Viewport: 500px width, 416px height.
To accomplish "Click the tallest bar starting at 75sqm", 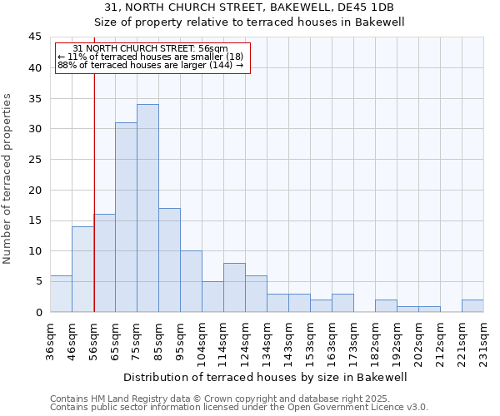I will coord(147,208).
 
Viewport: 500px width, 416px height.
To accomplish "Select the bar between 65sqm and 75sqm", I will coord(126,217).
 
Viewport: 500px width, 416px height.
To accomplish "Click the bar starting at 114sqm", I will coord(234,288).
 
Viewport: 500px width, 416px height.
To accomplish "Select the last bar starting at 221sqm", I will coord(472,305).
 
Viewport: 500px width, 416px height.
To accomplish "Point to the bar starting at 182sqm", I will coord(386,305).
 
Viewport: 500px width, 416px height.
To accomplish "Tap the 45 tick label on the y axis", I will coord(34,37).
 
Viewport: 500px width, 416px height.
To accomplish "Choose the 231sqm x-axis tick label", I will coord(484,340).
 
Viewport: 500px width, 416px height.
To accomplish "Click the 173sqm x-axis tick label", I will coord(354,340).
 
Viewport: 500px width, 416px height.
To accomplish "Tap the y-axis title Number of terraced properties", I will coord(7,179).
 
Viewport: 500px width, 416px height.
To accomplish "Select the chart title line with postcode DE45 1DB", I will coord(249,7).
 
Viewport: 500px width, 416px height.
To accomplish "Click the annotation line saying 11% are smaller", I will coord(151,57).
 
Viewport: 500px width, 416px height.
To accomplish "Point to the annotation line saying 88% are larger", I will coord(151,65).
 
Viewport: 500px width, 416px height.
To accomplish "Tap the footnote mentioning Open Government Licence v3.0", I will coord(239,408).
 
